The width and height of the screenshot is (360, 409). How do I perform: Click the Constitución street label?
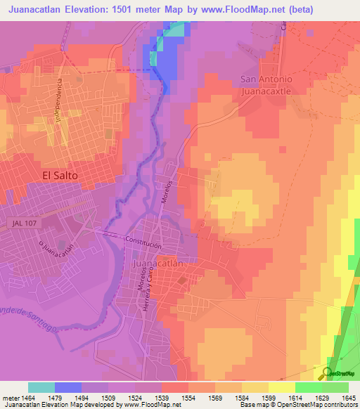143,243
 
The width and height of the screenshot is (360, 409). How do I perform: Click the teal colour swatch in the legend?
41,387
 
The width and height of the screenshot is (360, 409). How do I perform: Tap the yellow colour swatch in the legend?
282,387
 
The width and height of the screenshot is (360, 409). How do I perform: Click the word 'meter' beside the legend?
8,398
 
